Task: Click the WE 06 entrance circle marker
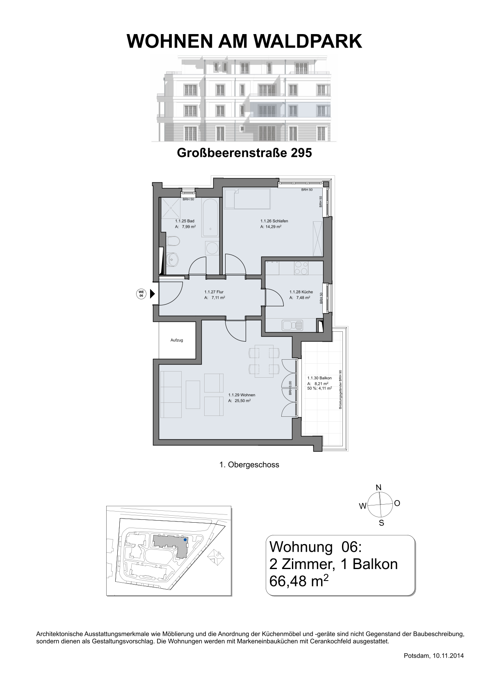[x=141, y=294]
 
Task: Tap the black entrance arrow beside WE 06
[x=152, y=294]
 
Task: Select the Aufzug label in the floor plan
[x=177, y=340]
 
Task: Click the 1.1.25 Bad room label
[x=185, y=221]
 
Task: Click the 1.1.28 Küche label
[x=301, y=292]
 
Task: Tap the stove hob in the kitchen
[x=301, y=268]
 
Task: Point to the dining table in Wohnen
[x=264, y=361]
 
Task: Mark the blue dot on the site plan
[x=185, y=540]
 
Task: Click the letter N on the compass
[x=379, y=487]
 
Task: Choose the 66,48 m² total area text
[x=299, y=581]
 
